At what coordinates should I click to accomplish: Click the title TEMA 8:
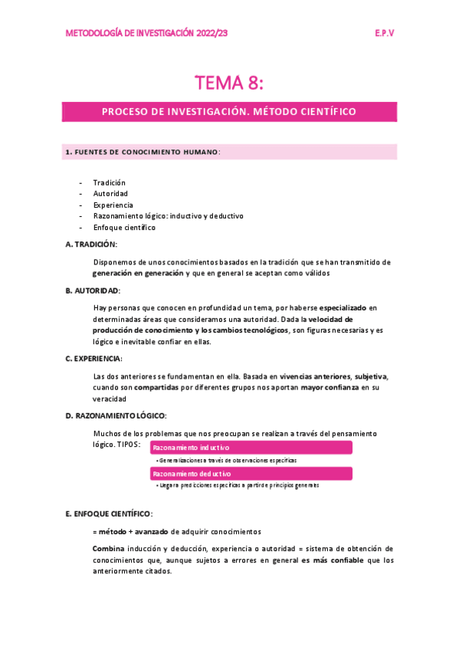pos(229,82)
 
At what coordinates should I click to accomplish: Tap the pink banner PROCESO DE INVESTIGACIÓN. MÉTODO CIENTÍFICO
pos(229,111)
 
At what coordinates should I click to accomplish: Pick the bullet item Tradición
pos(109,182)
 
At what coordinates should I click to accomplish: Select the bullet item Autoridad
pos(110,194)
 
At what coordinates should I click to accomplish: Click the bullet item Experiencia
pos(113,205)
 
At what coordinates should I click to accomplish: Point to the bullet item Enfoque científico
pos(124,228)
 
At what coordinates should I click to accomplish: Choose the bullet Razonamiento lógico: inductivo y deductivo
pos(168,216)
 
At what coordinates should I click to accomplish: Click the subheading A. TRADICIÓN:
pos(91,244)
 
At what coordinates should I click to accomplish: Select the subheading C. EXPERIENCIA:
pos(94,359)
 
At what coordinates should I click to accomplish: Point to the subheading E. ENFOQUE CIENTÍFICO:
pos(110,513)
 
